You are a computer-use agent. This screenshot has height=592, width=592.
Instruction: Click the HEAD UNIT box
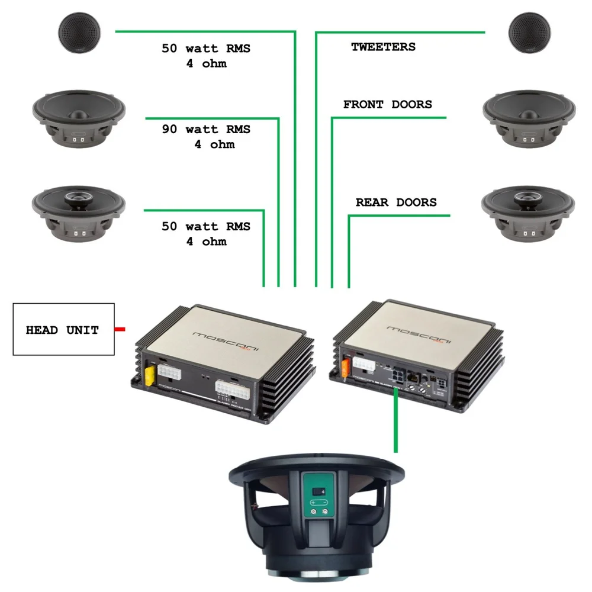click(63, 329)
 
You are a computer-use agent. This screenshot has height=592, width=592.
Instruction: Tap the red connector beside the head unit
click(120, 329)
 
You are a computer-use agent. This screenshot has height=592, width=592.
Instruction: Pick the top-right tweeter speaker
click(528, 34)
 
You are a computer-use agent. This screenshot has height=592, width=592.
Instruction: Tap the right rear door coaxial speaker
click(520, 214)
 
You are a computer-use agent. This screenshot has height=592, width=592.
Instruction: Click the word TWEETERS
click(383, 47)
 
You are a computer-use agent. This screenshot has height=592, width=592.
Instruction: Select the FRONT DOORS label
click(388, 105)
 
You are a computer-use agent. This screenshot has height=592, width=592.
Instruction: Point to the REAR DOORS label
click(396, 202)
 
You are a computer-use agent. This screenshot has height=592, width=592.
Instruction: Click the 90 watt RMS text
click(206, 130)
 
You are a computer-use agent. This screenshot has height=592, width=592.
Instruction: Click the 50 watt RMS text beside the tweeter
click(206, 49)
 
